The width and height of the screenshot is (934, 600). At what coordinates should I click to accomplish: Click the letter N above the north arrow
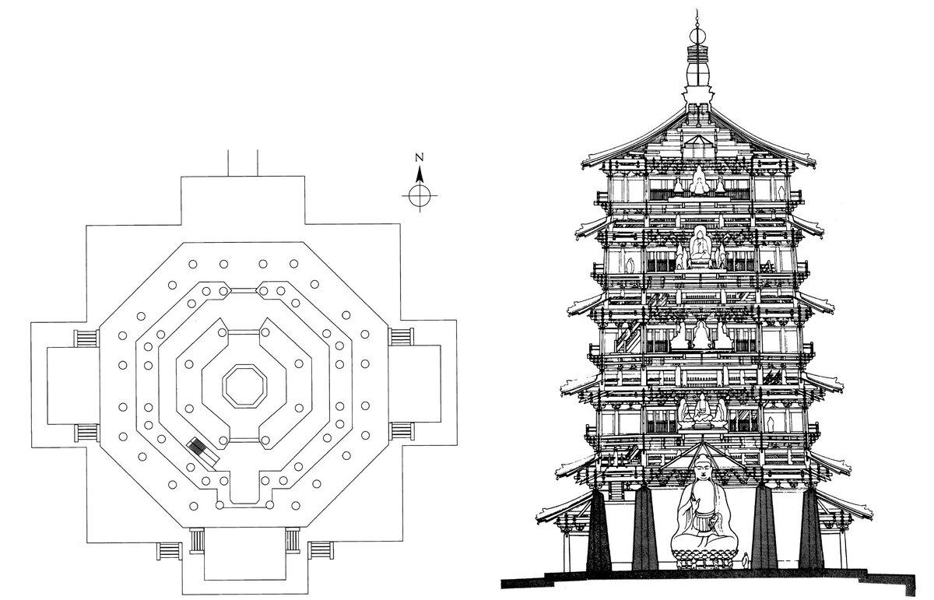coord(420,156)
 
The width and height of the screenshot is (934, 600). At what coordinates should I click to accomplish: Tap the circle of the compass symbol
coord(420,195)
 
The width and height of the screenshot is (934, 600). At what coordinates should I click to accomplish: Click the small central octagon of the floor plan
coord(244,383)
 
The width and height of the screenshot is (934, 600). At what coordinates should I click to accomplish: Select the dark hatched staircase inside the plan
coord(201,447)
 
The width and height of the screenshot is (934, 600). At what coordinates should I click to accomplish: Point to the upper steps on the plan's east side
coord(400,338)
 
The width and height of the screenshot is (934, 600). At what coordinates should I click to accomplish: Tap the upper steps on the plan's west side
coord(86,338)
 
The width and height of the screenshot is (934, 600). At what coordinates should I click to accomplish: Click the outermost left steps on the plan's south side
coord(168,549)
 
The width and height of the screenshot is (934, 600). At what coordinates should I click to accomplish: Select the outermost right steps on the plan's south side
coord(320,549)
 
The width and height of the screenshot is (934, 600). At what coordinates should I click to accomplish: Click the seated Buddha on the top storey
coord(700,182)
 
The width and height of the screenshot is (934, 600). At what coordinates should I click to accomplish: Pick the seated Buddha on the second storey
coord(700,410)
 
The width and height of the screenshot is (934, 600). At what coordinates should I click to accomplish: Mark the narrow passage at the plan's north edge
coord(241,162)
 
